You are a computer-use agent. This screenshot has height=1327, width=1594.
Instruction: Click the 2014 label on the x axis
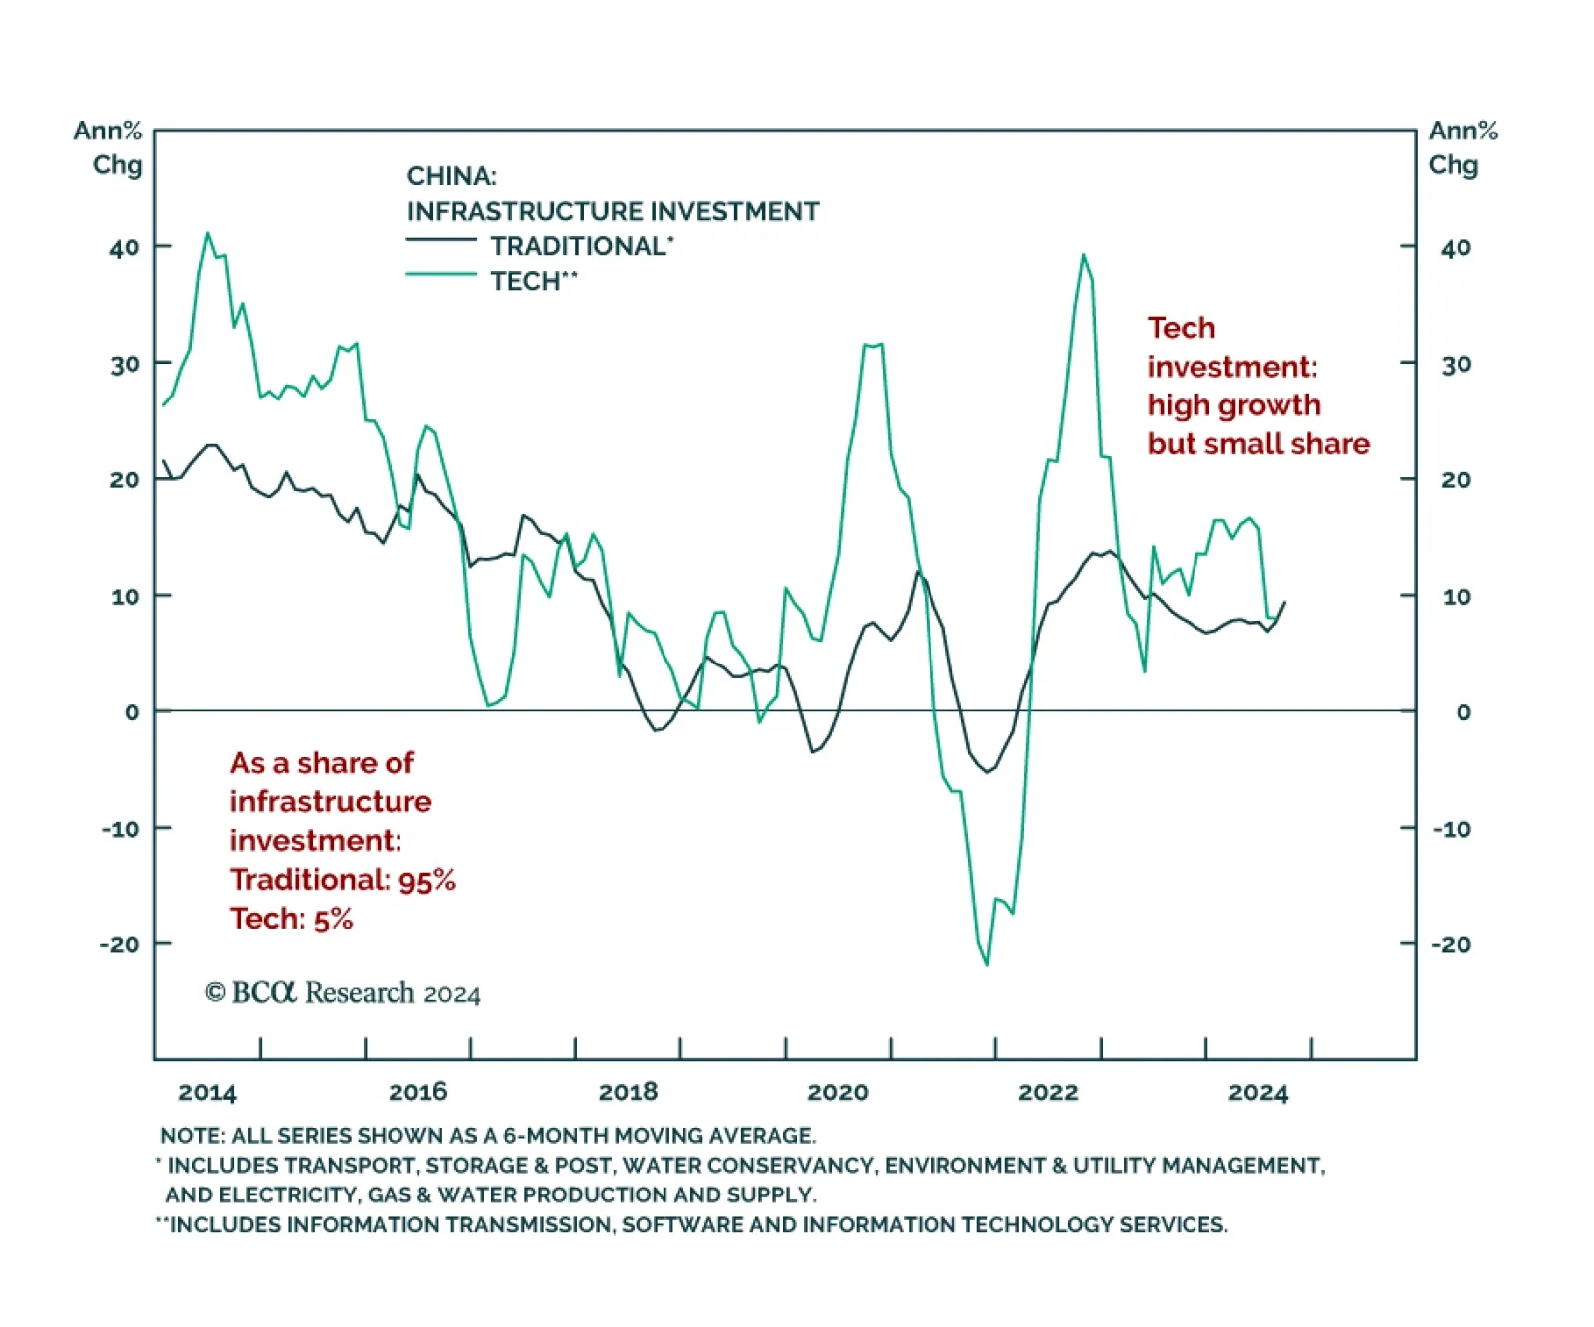207,1092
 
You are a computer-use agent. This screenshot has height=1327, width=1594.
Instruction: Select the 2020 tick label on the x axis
837,1092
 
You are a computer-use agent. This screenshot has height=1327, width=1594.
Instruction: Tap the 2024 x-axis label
1257,1092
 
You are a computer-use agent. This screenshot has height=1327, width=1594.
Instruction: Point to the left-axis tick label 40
125,247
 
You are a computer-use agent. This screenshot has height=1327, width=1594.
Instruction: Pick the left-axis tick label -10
121,828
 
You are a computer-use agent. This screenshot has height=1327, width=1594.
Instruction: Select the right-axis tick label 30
1456,364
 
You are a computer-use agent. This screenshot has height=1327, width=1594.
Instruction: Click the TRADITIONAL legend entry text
581,246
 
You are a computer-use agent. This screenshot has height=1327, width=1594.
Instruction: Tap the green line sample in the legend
441,274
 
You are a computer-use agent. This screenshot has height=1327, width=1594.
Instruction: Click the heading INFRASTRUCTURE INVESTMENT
613,211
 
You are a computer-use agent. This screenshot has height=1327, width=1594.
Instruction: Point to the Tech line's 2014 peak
207,233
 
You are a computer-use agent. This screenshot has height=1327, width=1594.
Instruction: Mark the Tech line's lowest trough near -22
987,964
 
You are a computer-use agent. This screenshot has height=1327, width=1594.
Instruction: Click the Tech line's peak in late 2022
1084,255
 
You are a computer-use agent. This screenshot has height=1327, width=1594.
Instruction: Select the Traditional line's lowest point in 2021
988,772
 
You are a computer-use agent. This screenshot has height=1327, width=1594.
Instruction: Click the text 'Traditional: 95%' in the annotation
343,880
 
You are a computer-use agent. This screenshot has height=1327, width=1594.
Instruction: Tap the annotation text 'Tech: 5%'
291,919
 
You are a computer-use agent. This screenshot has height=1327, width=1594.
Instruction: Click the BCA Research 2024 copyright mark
343,993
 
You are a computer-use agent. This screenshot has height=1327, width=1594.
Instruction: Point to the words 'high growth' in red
1233,405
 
